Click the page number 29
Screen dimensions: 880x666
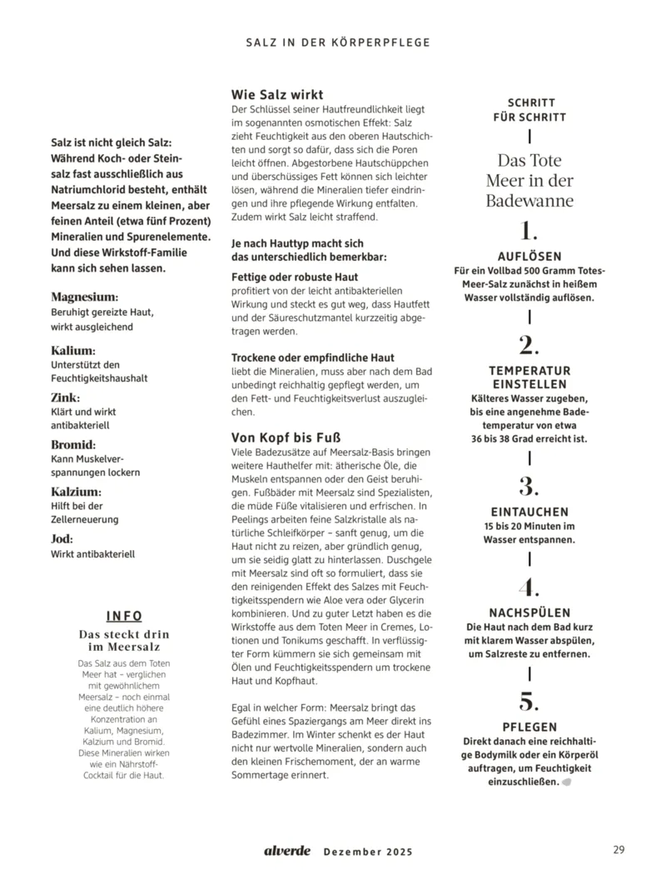coord(618,850)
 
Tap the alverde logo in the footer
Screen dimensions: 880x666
coord(287,851)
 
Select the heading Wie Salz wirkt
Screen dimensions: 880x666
coord(277,95)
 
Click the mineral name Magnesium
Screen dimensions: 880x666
coord(84,297)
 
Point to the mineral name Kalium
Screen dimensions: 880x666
coord(73,350)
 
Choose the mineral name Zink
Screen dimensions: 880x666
coord(66,397)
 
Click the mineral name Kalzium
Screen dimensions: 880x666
coord(76,492)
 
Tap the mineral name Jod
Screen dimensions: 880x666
coord(62,538)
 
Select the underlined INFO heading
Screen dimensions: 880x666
coord(124,616)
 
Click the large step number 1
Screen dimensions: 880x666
coord(529,231)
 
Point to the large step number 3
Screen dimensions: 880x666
coord(529,486)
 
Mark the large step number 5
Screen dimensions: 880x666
coord(529,700)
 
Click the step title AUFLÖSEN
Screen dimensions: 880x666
coord(529,257)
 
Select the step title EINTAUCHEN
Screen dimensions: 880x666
coord(529,512)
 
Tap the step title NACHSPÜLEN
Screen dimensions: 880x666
coord(529,612)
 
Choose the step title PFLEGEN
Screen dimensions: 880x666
coord(529,727)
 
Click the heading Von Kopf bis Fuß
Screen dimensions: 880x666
coord(286,437)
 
